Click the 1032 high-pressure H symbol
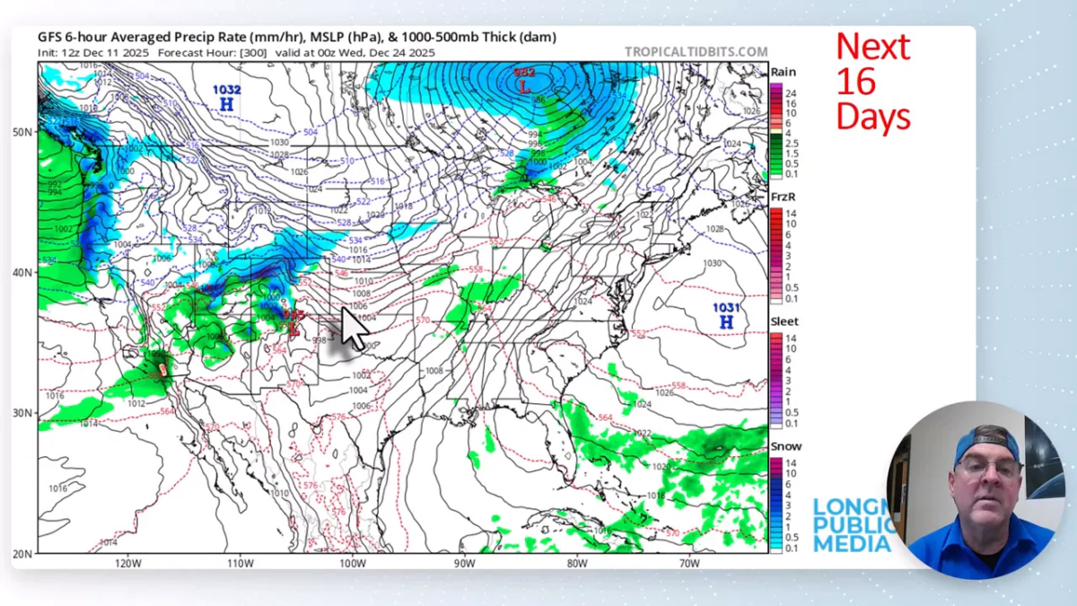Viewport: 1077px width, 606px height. [227, 104]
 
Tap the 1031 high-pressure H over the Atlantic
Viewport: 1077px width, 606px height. [726, 321]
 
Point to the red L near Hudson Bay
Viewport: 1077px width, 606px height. [523, 86]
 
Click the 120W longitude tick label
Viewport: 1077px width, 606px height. [128, 563]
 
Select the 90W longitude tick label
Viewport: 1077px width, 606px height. [464, 563]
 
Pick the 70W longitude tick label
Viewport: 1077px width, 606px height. [689, 563]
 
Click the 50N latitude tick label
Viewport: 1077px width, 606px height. [22, 132]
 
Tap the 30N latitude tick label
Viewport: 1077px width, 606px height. [22, 413]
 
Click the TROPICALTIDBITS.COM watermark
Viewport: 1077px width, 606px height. [696, 52]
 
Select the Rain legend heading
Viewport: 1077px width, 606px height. [783, 72]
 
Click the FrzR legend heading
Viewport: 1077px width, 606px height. [784, 197]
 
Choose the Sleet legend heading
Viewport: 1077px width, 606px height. [784, 321]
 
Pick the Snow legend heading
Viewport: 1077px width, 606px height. [786, 446]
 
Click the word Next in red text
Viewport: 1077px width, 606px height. [872, 47]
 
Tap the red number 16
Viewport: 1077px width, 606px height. [855, 82]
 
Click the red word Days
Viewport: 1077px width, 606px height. [872, 117]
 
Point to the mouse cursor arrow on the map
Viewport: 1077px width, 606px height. [354, 328]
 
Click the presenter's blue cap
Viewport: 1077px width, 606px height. [985, 443]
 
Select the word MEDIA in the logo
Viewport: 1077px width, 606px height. [852, 544]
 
